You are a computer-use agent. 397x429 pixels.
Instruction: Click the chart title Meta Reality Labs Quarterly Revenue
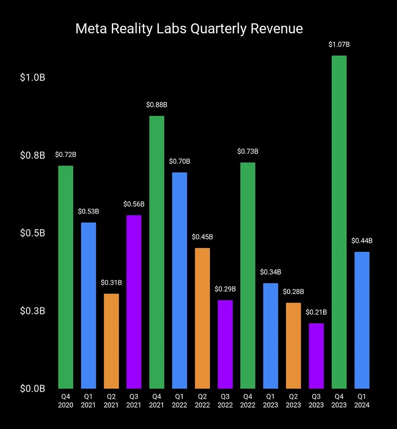click(x=189, y=28)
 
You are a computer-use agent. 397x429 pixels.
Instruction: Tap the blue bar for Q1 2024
click(x=362, y=320)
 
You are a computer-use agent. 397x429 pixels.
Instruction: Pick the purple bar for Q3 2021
click(x=134, y=301)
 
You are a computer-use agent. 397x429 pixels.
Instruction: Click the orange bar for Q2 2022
click(x=202, y=318)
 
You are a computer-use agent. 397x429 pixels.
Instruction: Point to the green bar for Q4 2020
click(x=66, y=277)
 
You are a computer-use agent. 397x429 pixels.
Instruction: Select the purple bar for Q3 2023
click(x=316, y=356)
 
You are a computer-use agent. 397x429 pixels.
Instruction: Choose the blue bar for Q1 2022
click(x=180, y=280)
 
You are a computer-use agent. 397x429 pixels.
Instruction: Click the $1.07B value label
click(x=339, y=45)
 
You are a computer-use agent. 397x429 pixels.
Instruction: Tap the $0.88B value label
click(x=157, y=105)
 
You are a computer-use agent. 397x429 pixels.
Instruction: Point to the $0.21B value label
click(x=316, y=312)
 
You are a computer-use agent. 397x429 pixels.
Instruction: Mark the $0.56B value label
click(x=134, y=204)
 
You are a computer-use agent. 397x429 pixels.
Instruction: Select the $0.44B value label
click(x=362, y=241)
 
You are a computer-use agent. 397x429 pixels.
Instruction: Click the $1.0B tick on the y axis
click(x=33, y=78)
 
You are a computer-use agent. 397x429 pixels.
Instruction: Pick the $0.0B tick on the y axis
click(x=33, y=388)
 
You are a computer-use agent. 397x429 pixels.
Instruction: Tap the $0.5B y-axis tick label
click(x=33, y=233)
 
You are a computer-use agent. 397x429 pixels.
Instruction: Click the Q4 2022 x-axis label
click(x=248, y=401)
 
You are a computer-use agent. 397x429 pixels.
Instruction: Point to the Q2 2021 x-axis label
click(x=111, y=401)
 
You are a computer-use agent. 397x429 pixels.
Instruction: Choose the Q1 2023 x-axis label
click(x=270, y=401)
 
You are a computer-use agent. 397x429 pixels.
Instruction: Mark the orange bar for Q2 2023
click(x=293, y=345)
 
